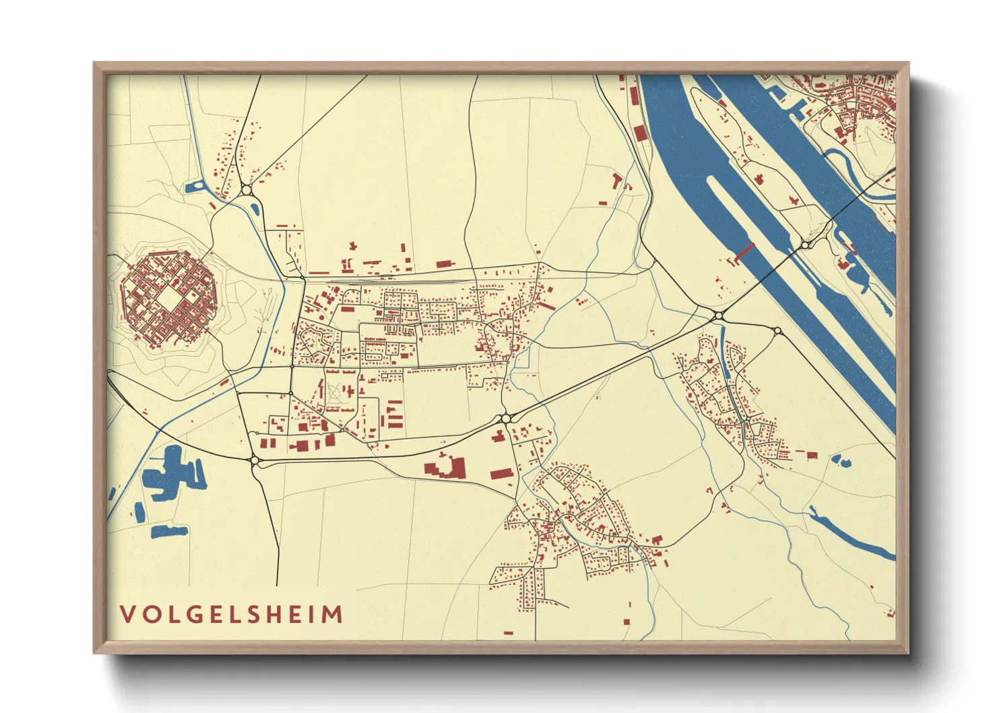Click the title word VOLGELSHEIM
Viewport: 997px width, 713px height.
tap(231, 614)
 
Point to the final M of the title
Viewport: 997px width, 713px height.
tap(333, 614)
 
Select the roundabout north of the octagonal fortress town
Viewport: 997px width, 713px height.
tap(247, 191)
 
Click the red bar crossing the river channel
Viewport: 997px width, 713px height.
tap(743, 251)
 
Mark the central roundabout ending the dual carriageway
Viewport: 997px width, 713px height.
tap(505, 418)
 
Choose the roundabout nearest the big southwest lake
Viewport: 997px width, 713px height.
tap(255, 461)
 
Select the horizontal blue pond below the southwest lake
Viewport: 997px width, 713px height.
tap(168, 532)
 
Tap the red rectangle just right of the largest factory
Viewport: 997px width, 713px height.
tap(501, 474)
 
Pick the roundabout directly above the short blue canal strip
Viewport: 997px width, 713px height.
tap(719, 315)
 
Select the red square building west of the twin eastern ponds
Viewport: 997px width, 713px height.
tap(812, 456)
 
